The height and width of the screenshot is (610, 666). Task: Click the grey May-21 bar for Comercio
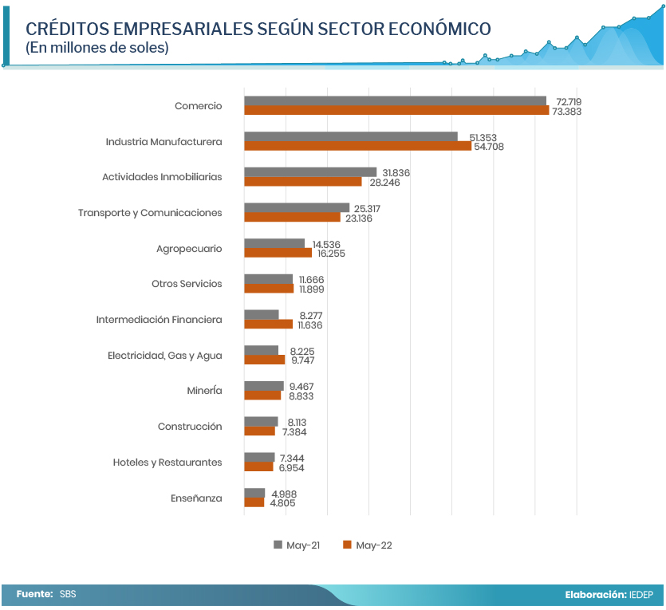click(x=395, y=100)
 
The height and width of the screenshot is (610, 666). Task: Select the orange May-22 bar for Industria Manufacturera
click(x=357, y=146)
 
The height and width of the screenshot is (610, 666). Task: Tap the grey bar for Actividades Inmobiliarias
click(x=310, y=171)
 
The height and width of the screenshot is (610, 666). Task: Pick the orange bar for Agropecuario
click(x=278, y=253)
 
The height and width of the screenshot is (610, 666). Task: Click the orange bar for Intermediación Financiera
click(x=268, y=325)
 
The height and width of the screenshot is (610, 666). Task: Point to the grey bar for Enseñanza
click(x=254, y=493)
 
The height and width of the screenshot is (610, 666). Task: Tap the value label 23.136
click(x=361, y=218)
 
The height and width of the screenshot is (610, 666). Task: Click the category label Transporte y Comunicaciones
click(x=150, y=213)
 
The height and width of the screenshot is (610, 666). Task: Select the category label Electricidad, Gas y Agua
click(x=164, y=356)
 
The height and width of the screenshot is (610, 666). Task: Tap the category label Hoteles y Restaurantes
click(x=167, y=462)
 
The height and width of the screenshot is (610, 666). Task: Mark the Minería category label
click(x=203, y=391)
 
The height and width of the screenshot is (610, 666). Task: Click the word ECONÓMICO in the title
click(x=439, y=29)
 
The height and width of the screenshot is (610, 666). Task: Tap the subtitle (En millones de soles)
click(x=97, y=48)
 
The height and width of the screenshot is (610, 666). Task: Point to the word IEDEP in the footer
click(x=640, y=594)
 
